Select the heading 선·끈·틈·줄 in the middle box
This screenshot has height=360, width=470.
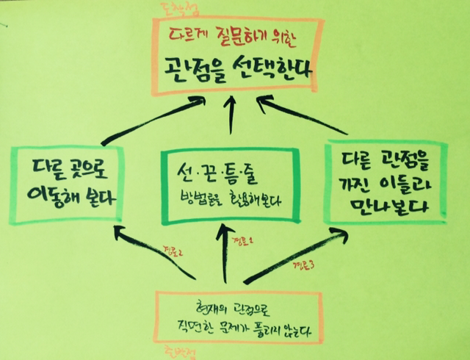click(228, 174)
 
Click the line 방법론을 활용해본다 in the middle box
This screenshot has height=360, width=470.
click(229, 201)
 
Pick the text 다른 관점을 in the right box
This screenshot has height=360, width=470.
click(383, 158)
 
